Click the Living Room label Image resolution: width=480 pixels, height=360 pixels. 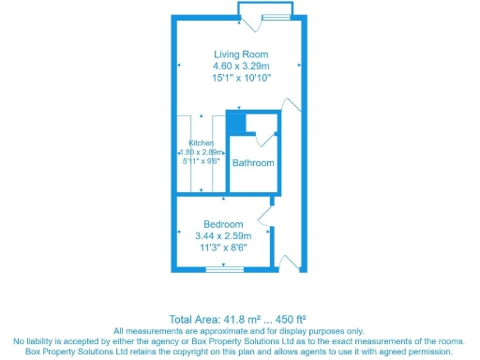tap(240, 52)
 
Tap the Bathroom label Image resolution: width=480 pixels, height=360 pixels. tap(254, 163)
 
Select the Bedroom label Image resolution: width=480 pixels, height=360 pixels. tap(224, 224)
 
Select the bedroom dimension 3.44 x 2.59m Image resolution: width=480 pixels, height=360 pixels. tap(224, 236)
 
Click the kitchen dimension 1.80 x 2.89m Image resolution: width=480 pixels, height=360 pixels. tap(201, 151)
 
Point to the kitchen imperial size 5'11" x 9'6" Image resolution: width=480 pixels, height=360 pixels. tap(201, 159)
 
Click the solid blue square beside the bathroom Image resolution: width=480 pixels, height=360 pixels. tap(236, 122)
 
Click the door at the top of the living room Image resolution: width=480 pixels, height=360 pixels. tap(266, 11)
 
